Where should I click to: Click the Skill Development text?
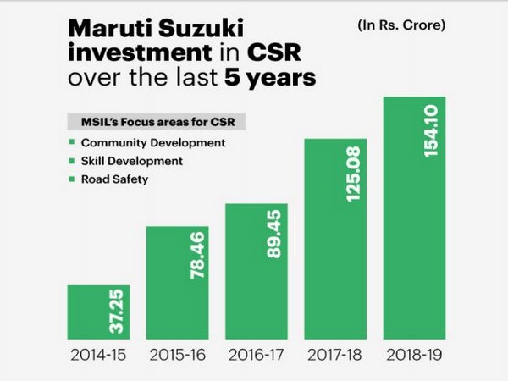(x=131, y=161)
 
